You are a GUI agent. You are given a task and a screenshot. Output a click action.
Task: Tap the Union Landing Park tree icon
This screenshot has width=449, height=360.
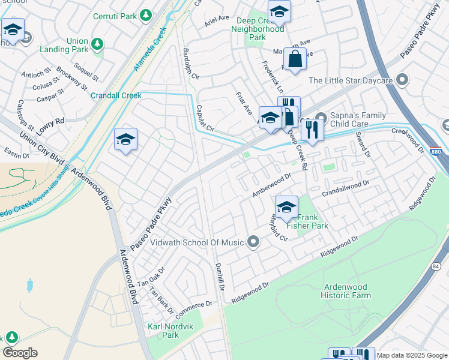[97, 44]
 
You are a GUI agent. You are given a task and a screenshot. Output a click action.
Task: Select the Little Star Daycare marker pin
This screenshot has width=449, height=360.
[402, 80]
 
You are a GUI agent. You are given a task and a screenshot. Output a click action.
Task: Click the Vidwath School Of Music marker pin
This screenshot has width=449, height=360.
[253, 242]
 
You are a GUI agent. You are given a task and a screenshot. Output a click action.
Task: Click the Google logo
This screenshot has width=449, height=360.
[20, 352]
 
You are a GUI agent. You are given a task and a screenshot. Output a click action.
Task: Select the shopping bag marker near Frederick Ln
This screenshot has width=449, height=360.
[295, 59]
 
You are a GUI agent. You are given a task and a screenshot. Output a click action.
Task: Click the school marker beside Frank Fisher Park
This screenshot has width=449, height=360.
[287, 207]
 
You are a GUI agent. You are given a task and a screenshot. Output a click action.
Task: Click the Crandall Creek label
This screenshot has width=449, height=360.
[116, 95]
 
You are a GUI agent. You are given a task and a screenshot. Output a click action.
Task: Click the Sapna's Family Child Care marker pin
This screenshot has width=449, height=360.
[321, 118]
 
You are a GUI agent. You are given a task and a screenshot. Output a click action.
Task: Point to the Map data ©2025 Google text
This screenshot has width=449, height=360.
[411, 355]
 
